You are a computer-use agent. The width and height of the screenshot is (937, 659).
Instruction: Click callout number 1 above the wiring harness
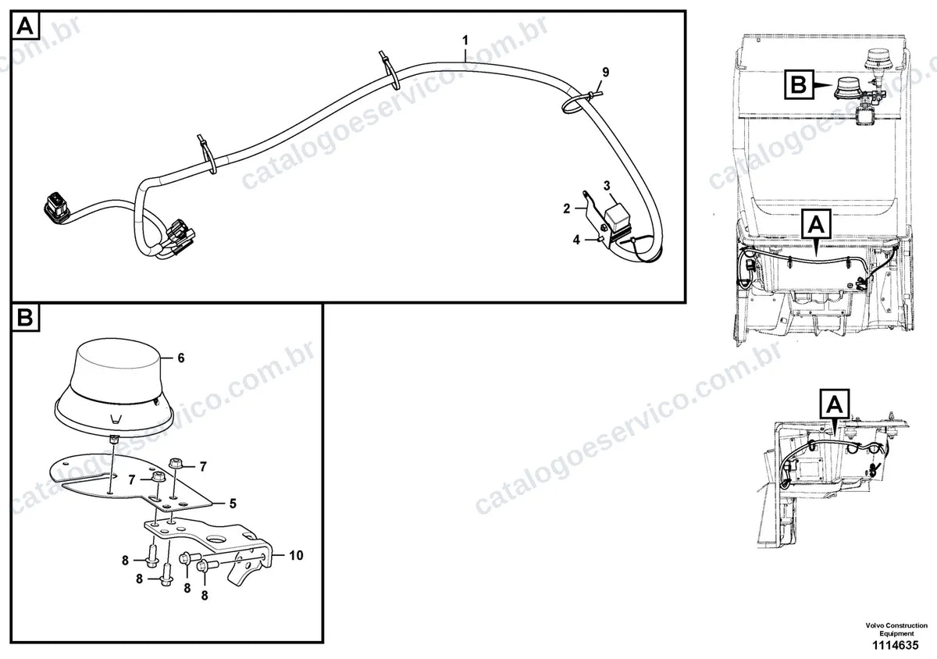465,41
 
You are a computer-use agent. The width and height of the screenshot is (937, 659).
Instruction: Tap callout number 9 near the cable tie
606,73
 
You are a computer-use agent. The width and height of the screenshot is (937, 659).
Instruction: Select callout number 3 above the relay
607,185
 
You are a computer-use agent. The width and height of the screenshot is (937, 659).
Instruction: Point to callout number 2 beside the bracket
567,208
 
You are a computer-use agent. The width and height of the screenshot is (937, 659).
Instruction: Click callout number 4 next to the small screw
576,240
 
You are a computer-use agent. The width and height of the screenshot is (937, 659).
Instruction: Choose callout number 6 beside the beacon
181,358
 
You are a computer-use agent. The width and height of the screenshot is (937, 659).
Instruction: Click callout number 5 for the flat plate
233,504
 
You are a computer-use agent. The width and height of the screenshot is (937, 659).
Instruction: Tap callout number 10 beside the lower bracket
296,555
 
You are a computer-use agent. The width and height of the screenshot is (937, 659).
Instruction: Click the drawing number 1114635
895,645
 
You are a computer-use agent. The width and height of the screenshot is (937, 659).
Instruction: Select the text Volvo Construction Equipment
896,629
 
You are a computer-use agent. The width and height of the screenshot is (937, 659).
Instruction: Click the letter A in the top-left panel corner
25,26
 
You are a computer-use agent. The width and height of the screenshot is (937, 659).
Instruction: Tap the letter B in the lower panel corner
25,318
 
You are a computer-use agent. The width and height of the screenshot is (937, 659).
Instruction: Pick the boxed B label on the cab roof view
799,84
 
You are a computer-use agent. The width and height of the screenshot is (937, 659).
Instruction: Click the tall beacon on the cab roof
875,66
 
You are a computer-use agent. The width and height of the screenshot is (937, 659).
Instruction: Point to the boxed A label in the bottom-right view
835,404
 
